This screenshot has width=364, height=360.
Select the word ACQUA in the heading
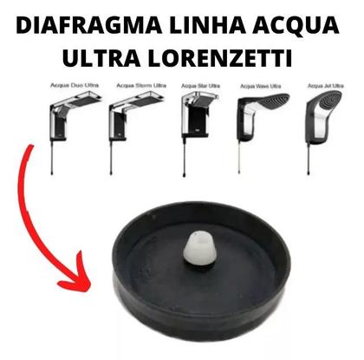[294, 23]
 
